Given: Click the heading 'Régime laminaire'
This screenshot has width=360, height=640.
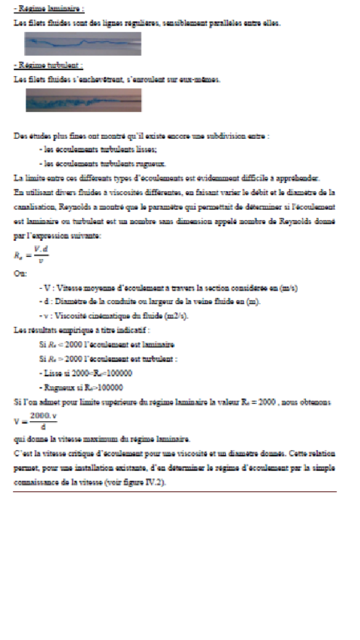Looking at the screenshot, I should [48, 9].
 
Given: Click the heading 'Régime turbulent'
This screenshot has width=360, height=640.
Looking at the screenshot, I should [48, 65].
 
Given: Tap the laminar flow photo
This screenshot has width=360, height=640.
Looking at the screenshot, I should [83, 43].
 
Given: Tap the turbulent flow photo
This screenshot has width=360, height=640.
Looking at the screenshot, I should [83, 100].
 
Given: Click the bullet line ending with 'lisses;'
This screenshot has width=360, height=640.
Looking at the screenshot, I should [98, 150].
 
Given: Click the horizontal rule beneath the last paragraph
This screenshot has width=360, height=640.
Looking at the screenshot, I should [174, 492].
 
